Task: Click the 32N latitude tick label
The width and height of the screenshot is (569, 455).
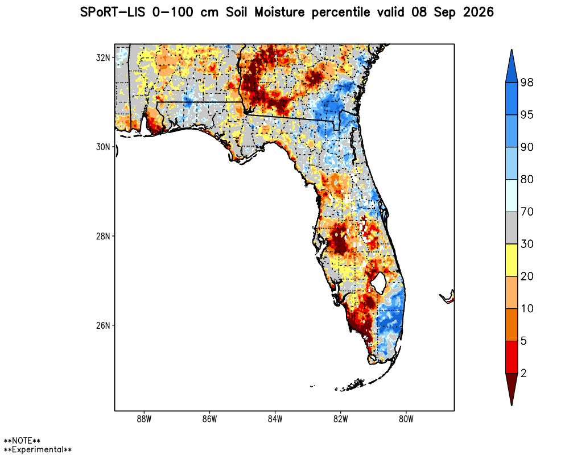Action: pyautogui.click(x=102, y=57)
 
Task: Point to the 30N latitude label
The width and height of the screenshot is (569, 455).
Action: pyautogui.click(x=102, y=147)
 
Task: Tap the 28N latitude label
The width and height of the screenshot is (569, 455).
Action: pyautogui.click(x=102, y=236)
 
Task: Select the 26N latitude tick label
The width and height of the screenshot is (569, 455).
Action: pyautogui.click(x=102, y=325)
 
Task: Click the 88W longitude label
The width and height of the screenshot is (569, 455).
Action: pyautogui.click(x=144, y=419)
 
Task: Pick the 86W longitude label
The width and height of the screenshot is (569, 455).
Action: pyautogui.click(x=209, y=419)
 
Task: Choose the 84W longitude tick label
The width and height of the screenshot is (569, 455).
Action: pyautogui.click(x=275, y=419)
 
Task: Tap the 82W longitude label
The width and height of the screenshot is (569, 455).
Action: pyautogui.click(x=340, y=419)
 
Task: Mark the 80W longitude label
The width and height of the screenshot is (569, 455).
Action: pyautogui.click(x=406, y=419)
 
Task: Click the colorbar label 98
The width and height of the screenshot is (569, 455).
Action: pyautogui.click(x=527, y=82)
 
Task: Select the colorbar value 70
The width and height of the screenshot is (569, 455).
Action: pyautogui.click(x=527, y=212)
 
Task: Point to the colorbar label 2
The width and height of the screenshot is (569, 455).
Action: pyautogui.click(x=523, y=373)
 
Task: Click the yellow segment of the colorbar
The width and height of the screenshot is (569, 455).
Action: pyautogui.click(x=512, y=260)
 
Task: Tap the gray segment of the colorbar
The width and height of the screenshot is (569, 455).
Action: pyautogui.click(x=512, y=228)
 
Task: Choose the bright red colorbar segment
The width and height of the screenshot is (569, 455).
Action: pyautogui.click(x=512, y=357)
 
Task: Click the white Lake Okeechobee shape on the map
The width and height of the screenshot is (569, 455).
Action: pyautogui.click(x=379, y=283)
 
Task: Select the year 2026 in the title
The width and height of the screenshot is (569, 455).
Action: pyautogui.click(x=479, y=13)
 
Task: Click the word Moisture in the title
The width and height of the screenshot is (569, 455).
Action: pyautogui.click(x=279, y=13)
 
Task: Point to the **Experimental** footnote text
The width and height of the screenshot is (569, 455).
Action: pyautogui.click(x=38, y=449)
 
